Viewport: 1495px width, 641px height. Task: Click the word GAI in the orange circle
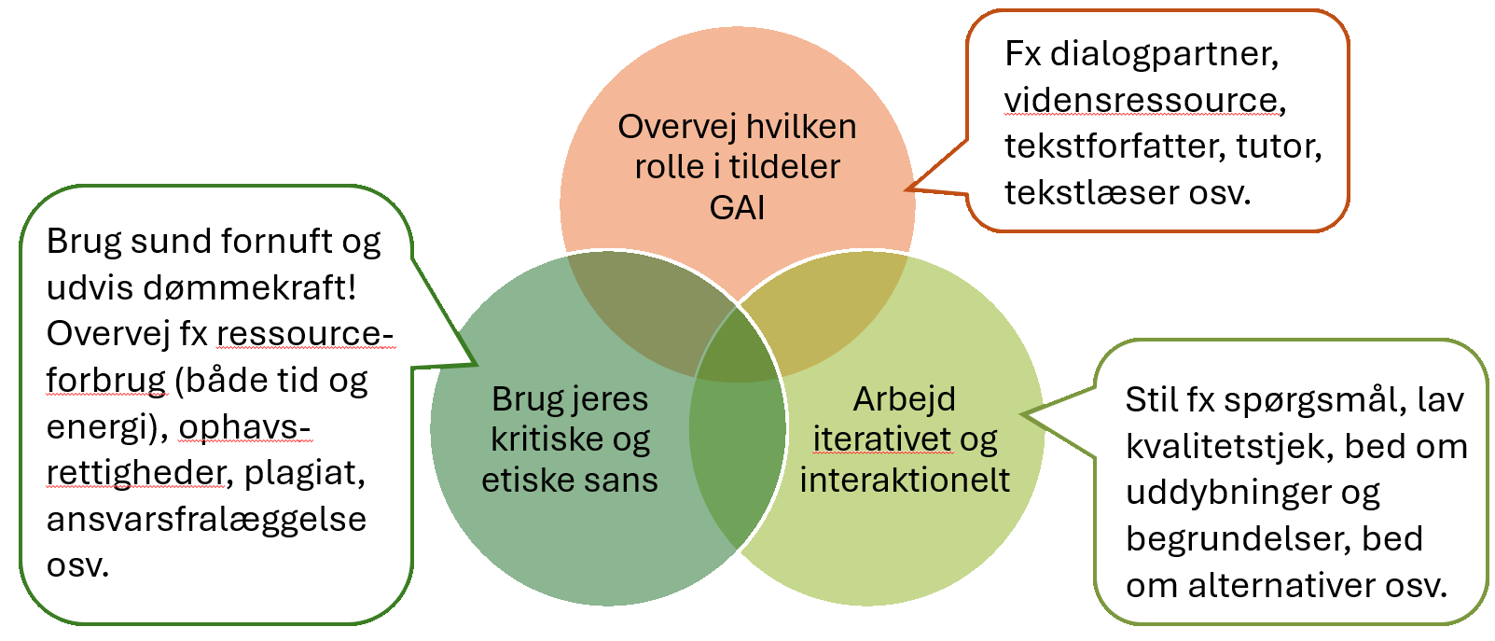pos(737,207)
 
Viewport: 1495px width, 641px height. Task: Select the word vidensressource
pos(1140,100)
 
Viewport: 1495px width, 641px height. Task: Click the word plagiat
pos(304,473)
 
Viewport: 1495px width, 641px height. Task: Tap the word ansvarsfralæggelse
pos(206,519)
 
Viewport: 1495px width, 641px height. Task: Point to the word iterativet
pos(881,439)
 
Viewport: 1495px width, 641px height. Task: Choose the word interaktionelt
pos(905,480)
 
